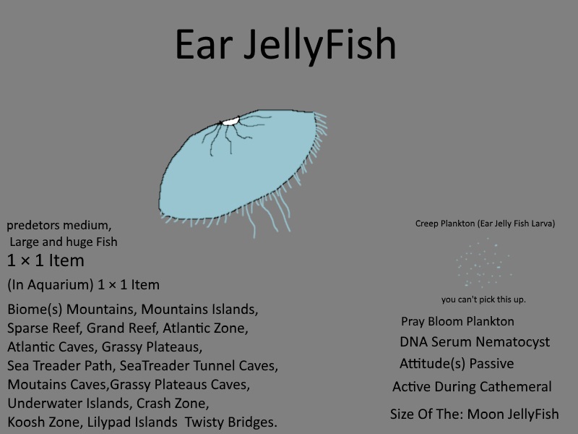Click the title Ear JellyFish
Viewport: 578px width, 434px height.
(x=285, y=45)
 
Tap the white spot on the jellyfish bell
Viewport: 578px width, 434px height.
(x=230, y=121)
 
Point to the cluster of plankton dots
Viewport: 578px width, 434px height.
(x=483, y=263)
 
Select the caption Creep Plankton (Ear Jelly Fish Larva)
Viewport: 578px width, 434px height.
(x=485, y=224)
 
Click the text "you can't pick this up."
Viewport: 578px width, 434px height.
(x=483, y=299)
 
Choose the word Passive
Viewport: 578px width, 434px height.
(x=491, y=364)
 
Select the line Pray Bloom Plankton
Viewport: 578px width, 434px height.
(x=457, y=321)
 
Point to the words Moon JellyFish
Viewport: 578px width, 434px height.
(x=513, y=414)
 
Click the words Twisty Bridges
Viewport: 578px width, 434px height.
(x=230, y=422)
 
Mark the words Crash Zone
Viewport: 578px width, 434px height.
(x=173, y=404)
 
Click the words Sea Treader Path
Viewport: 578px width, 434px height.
(x=59, y=366)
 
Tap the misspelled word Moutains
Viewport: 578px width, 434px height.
(x=35, y=385)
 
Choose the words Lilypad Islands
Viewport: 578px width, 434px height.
(x=132, y=422)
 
